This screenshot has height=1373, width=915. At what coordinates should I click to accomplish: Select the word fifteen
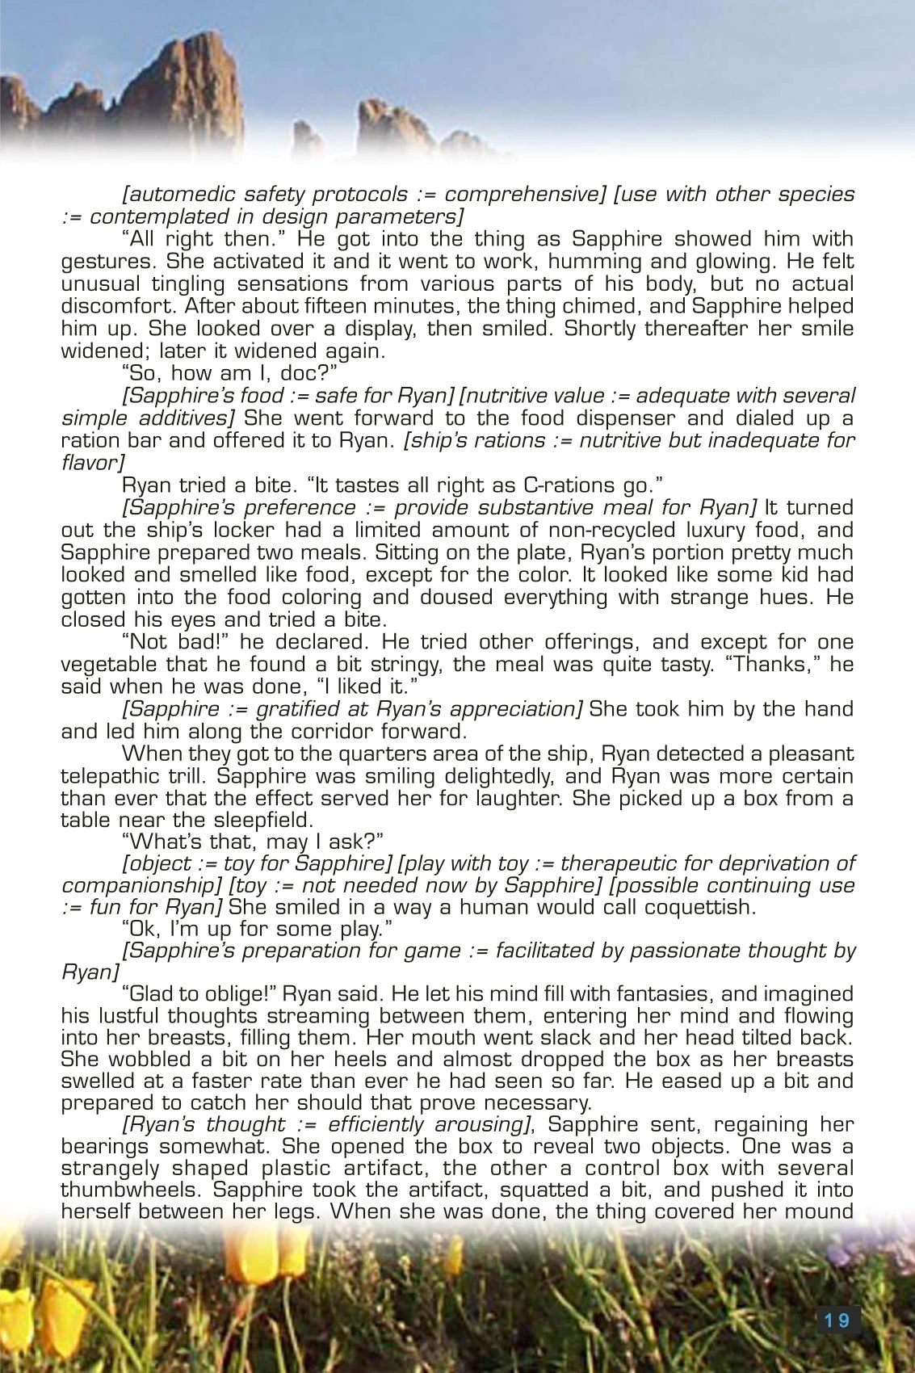coord(283,307)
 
